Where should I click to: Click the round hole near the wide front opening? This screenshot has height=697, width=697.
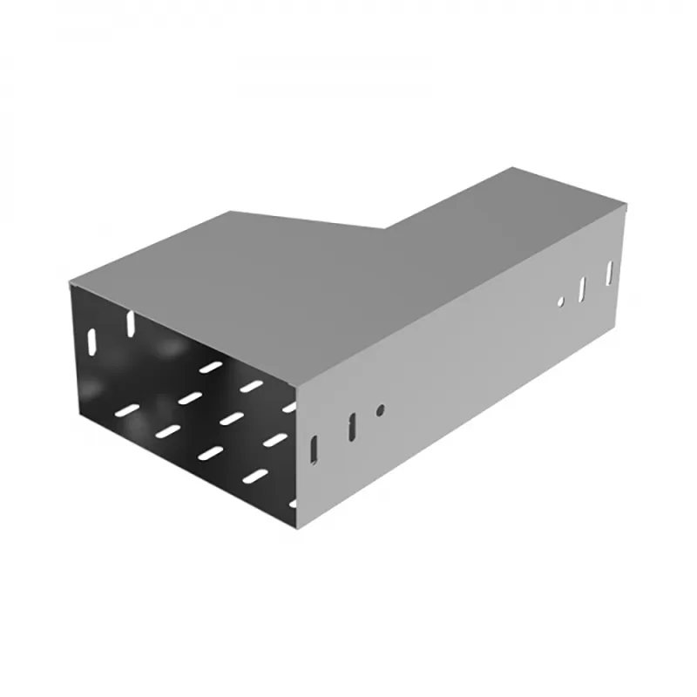380,409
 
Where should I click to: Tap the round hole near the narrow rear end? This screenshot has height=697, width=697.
561,301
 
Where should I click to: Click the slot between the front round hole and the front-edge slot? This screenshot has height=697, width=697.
351,426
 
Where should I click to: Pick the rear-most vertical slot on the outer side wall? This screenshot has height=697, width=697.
610,271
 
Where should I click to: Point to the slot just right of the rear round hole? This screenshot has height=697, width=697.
583,288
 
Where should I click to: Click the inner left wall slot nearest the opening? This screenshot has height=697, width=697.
91,337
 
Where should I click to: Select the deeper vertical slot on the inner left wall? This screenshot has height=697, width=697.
131,322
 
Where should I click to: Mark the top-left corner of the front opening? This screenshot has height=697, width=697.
71,286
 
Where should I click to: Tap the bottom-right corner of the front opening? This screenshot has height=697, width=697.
297,528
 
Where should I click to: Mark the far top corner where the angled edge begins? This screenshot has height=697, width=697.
228,212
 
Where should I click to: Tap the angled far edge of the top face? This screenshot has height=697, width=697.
305,220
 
